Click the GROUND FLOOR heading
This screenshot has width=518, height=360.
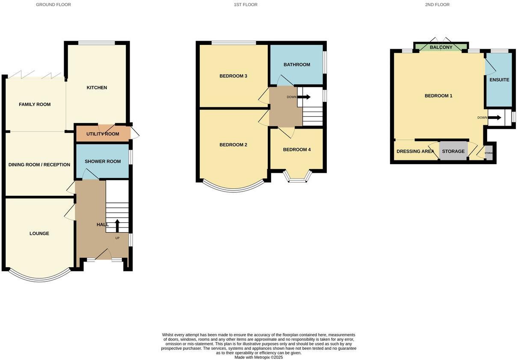pos(53,5)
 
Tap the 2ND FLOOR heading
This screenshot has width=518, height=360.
pos(437,5)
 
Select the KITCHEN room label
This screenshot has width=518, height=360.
pos(97,88)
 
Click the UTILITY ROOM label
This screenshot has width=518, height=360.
pos(103,134)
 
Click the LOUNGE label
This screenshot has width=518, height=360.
pos(39,233)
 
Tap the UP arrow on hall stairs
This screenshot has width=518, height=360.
pos(117,225)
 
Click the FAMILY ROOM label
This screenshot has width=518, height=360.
pos(35,104)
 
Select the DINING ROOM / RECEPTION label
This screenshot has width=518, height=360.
pos(39,165)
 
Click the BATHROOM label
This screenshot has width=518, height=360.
pos(296,65)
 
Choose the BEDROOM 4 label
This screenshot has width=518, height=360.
pos(297,150)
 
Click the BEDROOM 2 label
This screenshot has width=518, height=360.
pos(233,145)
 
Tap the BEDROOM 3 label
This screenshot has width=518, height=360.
pos(233,76)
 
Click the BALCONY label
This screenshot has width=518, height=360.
pos(441,47)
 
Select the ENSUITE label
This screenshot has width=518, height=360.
pos(499,80)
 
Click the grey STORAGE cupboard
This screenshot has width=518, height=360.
pos(453,151)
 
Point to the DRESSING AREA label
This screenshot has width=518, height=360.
pos(415,151)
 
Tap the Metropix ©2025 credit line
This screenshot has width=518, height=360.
pos(258,357)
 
